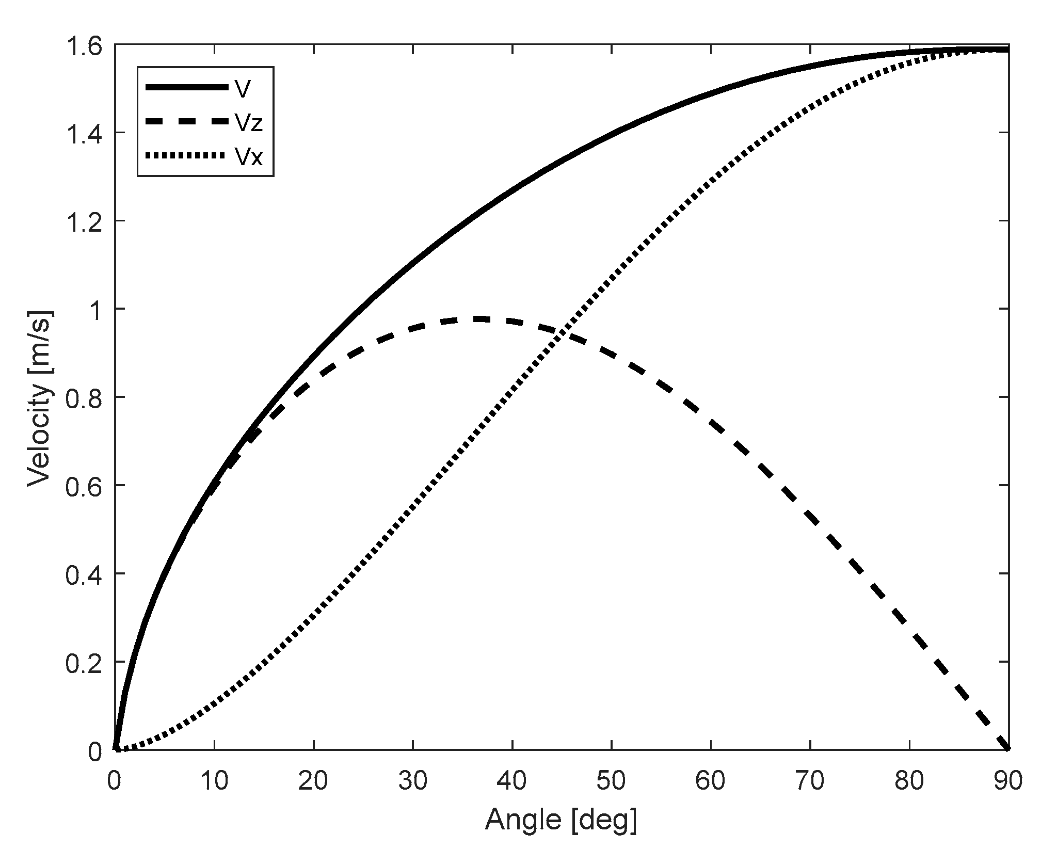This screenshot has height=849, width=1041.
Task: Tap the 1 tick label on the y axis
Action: pos(93,310)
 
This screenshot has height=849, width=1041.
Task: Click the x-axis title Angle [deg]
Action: pos(561,820)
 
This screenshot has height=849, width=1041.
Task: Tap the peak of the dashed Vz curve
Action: pos(480,319)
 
